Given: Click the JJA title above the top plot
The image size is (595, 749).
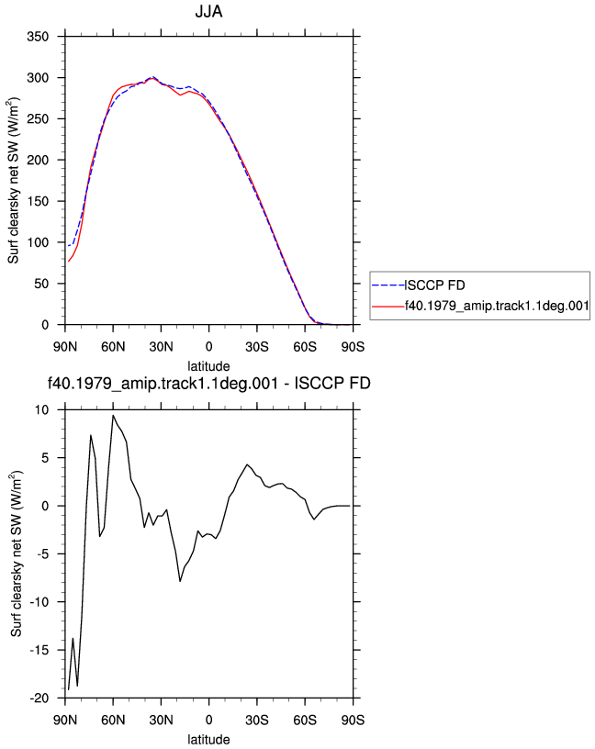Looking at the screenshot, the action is [208, 11].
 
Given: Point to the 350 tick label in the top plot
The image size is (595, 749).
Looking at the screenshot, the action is [38, 37].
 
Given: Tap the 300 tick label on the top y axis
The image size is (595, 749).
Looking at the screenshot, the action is [38, 77].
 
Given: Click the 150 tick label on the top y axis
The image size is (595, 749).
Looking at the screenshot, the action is [38, 201].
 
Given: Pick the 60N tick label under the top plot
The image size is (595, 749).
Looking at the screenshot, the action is [113, 346].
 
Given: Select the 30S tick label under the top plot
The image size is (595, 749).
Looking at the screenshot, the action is [257, 346].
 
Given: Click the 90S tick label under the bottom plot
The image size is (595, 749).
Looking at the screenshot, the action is [353, 720].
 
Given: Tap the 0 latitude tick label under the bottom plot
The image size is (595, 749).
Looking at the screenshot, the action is [208, 720].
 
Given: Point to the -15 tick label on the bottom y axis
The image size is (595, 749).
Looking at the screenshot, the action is [39, 650].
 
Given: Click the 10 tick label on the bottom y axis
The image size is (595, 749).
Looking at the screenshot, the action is [41, 410].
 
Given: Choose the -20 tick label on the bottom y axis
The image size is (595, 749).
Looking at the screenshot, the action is [39, 699].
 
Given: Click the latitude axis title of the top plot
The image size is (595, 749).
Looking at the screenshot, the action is [208, 366].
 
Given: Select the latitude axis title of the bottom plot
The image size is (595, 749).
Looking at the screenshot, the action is [208, 740].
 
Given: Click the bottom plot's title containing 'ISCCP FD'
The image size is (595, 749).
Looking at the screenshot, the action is [208, 383].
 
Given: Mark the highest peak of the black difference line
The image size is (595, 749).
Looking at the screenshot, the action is [113, 415].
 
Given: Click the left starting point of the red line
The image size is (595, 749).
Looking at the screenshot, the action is [68, 262].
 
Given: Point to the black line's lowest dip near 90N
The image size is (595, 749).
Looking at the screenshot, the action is [68, 689].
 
